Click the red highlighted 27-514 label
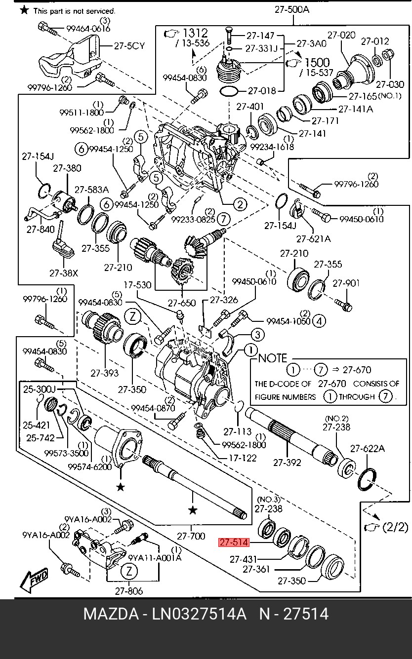(234, 543)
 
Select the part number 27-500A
(292, 9)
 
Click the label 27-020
(341, 35)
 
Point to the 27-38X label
(63, 272)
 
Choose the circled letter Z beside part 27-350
(133, 317)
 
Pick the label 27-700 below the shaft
(191, 536)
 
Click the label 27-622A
(368, 449)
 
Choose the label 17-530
(137, 285)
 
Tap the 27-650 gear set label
(182, 303)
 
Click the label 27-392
(287, 463)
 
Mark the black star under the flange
(120, 487)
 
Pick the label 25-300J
(40, 389)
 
